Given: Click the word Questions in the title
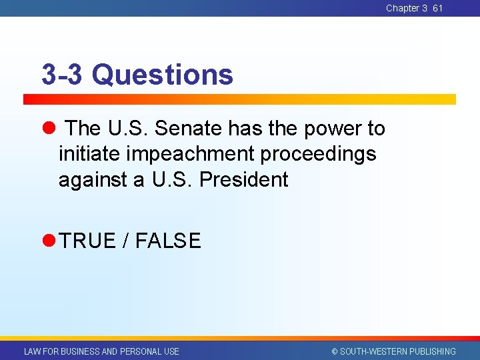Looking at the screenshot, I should pos(163,75).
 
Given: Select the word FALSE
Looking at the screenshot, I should pos(168,241).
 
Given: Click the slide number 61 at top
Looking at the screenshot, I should pos(437,8).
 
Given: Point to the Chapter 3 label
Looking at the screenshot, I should pos(407,8).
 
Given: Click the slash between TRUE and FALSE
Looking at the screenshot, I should pos(126,241).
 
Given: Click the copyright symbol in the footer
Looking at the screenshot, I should pos(335,351).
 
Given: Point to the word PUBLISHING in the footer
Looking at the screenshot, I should pos(433,351).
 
